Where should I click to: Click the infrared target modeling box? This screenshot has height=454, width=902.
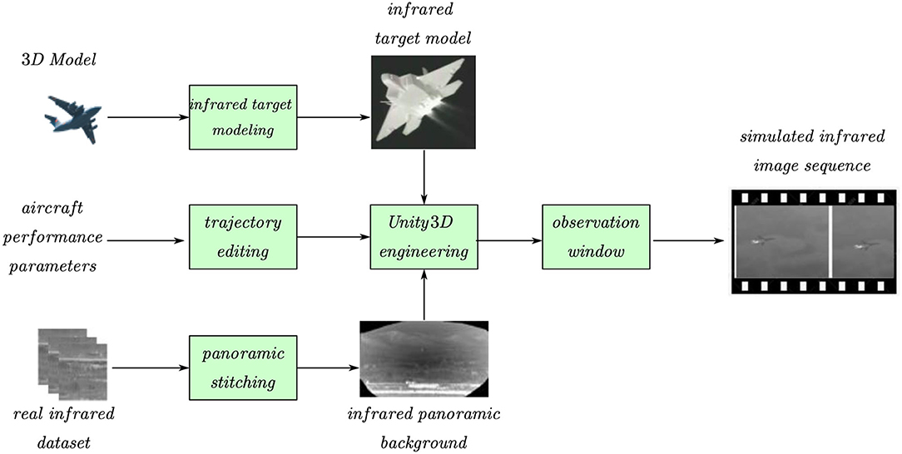coord(244,117)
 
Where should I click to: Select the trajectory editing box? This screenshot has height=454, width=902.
coord(244,237)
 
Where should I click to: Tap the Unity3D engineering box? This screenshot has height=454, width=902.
coord(424,237)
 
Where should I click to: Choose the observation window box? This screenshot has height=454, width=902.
coord(594,237)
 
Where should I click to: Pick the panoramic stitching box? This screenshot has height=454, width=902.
coord(244,366)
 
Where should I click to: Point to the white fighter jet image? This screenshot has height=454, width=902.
coord(423,101)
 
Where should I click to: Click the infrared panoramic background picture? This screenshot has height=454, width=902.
coord(424,358)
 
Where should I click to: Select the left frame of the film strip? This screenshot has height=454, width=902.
coord(781,241)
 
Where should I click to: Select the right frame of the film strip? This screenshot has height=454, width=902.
coord(864,241)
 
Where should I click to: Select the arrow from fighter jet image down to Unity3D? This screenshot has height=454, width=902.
coord(425,175)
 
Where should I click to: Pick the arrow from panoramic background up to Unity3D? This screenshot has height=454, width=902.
coord(425,298)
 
